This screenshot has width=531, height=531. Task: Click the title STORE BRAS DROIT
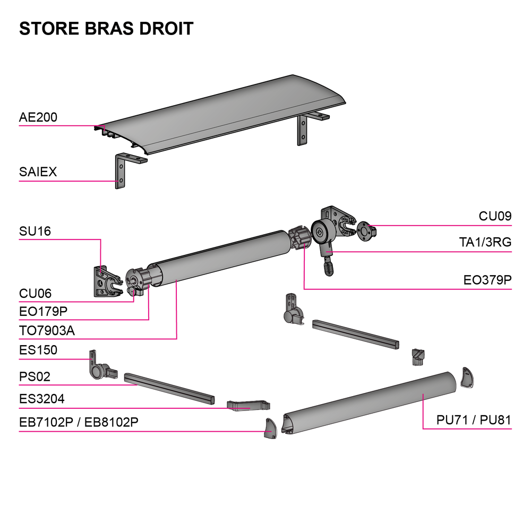(x=106, y=28)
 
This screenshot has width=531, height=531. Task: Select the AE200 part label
(x=38, y=117)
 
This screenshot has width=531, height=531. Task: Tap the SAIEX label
(x=38, y=172)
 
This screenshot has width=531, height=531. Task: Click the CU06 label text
(x=35, y=294)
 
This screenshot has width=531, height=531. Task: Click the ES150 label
(x=38, y=350)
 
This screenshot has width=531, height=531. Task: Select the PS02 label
(x=35, y=377)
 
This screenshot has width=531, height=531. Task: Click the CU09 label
(x=495, y=216)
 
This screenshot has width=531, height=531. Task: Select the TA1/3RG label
(x=485, y=243)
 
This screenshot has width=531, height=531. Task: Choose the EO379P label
(x=487, y=280)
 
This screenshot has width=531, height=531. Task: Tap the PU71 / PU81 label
(x=474, y=420)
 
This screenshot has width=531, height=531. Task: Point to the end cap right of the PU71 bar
(x=467, y=378)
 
